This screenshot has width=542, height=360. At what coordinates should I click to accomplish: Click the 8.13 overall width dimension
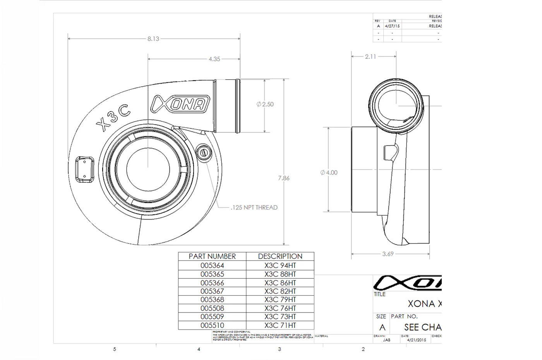pyautogui.click(x=153, y=39)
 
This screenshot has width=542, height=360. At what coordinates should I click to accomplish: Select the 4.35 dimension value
pyautogui.click(x=214, y=59)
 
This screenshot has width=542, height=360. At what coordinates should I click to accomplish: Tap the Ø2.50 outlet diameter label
pyautogui.click(x=265, y=104)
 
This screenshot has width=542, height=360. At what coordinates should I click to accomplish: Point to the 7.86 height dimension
pyautogui.click(x=283, y=178)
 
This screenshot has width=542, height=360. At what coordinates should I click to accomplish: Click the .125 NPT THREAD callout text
pyautogui.click(x=254, y=207)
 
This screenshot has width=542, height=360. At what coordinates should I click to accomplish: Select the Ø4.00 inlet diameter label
pyautogui.click(x=329, y=173)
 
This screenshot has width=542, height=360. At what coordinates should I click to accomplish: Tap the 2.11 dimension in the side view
pyautogui.click(x=370, y=57)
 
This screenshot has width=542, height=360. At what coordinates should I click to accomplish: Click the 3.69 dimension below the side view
pyautogui.click(x=388, y=254)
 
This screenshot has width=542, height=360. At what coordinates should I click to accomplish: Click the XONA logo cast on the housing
pyautogui.click(x=181, y=104)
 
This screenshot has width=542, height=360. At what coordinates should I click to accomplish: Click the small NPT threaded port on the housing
pyautogui.click(x=204, y=153)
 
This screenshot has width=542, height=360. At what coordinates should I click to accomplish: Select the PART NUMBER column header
pyautogui.click(x=212, y=256)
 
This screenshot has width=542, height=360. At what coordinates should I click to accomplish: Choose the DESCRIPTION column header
pyautogui.click(x=280, y=256)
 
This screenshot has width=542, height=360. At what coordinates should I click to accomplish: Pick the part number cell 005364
pyautogui.click(x=212, y=266)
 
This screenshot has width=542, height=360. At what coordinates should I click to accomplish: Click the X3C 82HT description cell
pyautogui.click(x=280, y=291)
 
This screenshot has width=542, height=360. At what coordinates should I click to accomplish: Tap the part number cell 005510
pyautogui.click(x=212, y=326)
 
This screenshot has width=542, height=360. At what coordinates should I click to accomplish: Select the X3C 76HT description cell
pyautogui.click(x=280, y=309)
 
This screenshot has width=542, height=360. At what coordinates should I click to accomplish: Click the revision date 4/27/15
pyautogui.click(x=392, y=26)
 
